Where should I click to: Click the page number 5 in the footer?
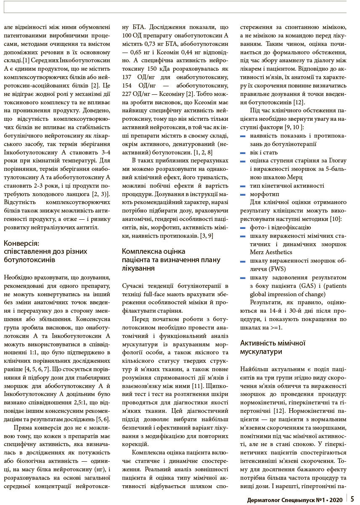tap(352, 499)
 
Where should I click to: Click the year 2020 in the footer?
tap(334, 500)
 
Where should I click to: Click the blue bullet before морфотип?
tap(243, 195)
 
